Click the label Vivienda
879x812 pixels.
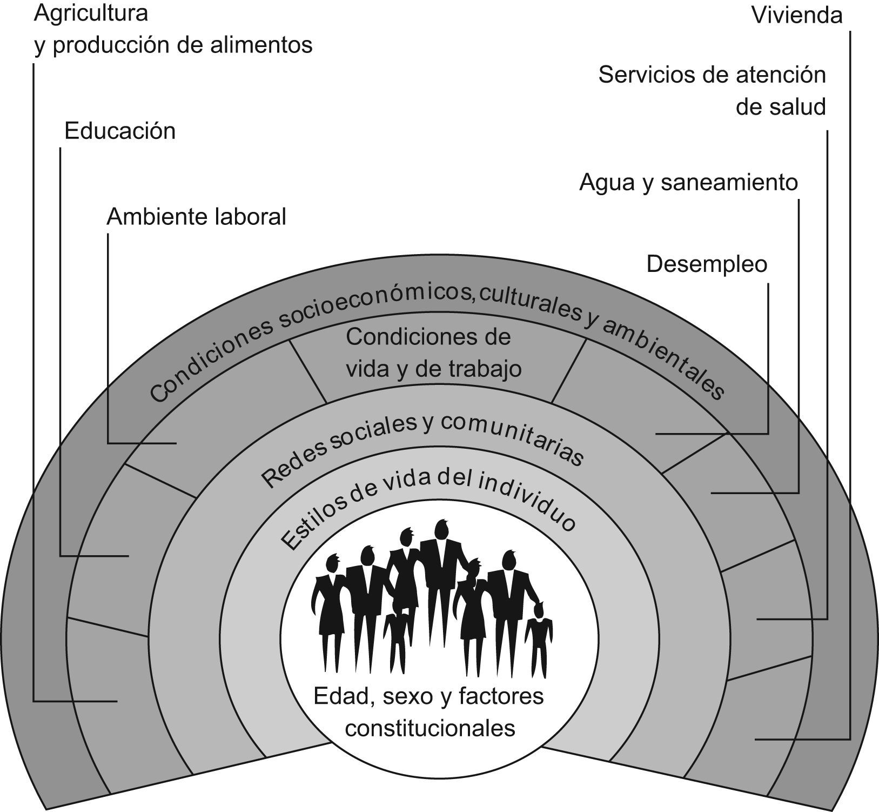point(796,15)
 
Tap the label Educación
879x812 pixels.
point(120,131)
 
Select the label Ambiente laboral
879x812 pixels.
point(196,217)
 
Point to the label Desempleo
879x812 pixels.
point(707,264)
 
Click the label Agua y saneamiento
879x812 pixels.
point(688,183)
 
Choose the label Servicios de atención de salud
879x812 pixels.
point(712,90)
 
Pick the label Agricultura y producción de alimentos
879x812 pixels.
point(173,29)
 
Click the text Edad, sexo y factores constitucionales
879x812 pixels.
point(429,711)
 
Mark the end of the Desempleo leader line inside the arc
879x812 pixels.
point(657,434)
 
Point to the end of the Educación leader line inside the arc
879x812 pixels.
point(128,556)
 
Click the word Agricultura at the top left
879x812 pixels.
point(91,14)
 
